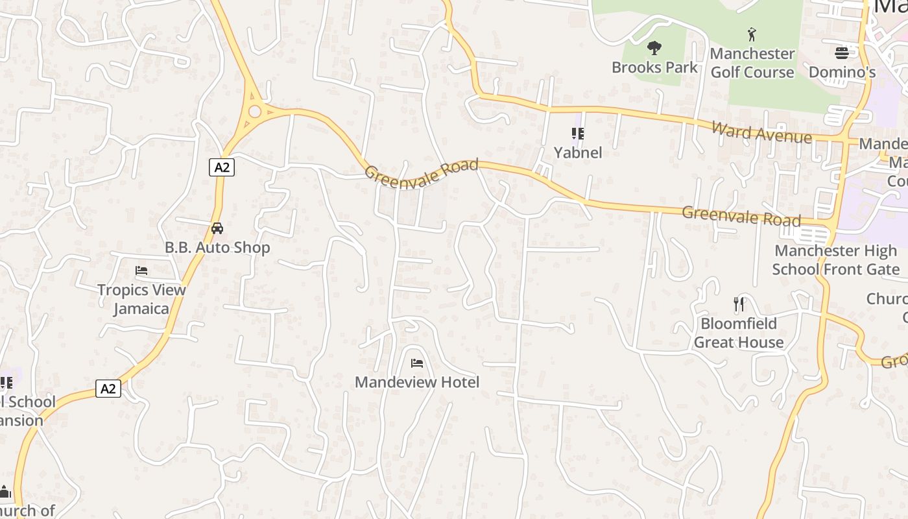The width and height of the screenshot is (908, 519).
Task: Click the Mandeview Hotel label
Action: tap(417, 382)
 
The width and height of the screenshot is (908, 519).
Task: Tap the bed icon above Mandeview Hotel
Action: tap(417, 363)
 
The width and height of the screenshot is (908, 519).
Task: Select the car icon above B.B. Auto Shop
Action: tap(217, 228)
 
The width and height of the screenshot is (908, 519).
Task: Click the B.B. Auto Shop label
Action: tap(217, 248)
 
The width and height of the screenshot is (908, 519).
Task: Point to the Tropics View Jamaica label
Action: tap(141, 299)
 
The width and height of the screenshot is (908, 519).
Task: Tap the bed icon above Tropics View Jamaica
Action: tap(141, 271)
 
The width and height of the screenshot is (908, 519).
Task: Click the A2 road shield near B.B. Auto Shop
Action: tap(222, 167)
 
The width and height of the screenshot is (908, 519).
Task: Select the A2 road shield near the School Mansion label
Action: tap(108, 389)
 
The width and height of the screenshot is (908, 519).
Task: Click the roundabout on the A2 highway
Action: tap(254, 112)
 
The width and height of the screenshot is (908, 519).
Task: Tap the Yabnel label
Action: tap(578, 152)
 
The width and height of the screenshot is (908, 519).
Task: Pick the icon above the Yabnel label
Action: tap(578, 134)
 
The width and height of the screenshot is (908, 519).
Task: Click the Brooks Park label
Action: tap(654, 67)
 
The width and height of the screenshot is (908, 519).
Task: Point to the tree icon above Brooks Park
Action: tap(654, 47)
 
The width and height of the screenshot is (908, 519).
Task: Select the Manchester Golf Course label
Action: tap(752, 63)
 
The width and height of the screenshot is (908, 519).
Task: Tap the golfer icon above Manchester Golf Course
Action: tap(752, 34)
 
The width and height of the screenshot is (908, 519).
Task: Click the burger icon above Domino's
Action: tap(842, 53)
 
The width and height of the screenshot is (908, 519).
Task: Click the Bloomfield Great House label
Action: tap(739, 333)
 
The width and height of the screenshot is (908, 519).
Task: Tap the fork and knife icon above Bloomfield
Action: tap(739, 304)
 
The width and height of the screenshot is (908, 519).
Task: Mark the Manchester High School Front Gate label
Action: tap(835, 260)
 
